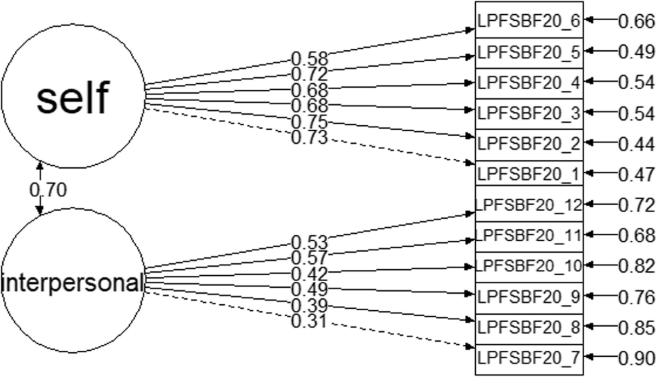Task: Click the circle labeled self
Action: click(73, 96)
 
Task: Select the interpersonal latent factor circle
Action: click(73, 283)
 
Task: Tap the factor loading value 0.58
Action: click(309, 58)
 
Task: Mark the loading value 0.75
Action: click(309, 122)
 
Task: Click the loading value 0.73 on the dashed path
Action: click(309, 137)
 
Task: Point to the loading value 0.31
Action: click(309, 321)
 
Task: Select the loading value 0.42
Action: click(309, 273)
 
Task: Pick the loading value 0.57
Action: click(309, 257)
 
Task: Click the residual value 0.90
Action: click(636, 358)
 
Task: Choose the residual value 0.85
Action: click(636, 328)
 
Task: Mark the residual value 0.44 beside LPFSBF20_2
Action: click(636, 144)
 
